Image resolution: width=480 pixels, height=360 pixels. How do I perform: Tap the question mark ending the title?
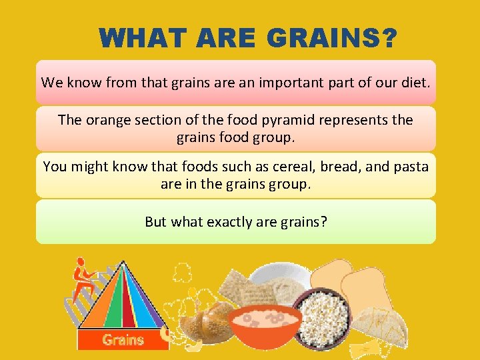tap(386, 38)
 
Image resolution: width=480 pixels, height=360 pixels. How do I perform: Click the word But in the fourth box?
tap(156, 222)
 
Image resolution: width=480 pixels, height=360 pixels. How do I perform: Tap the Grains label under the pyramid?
tap(123, 340)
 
